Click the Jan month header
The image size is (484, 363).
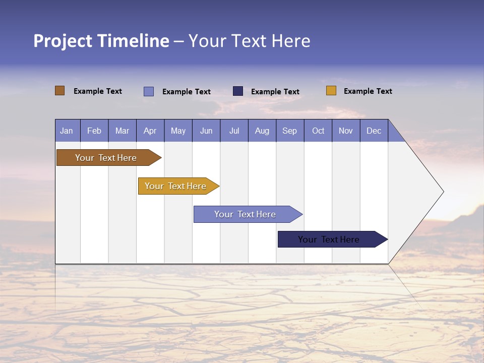(67, 131)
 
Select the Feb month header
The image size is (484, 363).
(94, 131)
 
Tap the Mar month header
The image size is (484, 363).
(122, 131)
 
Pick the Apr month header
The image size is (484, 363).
(150, 131)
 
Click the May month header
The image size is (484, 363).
(178, 131)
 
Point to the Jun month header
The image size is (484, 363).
(206, 131)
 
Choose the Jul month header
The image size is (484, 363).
(234, 131)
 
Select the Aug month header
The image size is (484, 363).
(262, 131)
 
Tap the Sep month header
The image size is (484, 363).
(290, 131)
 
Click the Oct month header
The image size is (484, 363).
(318, 131)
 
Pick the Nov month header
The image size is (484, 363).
(346, 131)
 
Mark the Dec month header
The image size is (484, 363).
(374, 131)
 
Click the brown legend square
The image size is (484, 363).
(60, 91)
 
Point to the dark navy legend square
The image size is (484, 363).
(238, 91)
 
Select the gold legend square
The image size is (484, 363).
(331, 91)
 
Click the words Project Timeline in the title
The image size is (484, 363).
(101, 41)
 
